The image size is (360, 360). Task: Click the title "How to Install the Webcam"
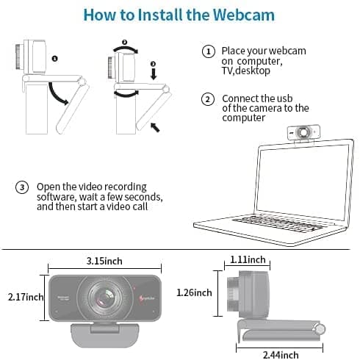[180, 15]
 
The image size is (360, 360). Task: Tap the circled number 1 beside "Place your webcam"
[208, 51]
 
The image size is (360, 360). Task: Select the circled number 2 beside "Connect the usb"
[208, 98]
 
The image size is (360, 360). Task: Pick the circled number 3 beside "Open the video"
[23, 187]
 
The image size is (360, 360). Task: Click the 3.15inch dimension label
[104, 260]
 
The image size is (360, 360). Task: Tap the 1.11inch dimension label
[248, 259]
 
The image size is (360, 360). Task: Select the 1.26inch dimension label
[194, 292]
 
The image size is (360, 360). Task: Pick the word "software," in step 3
[59, 197]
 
